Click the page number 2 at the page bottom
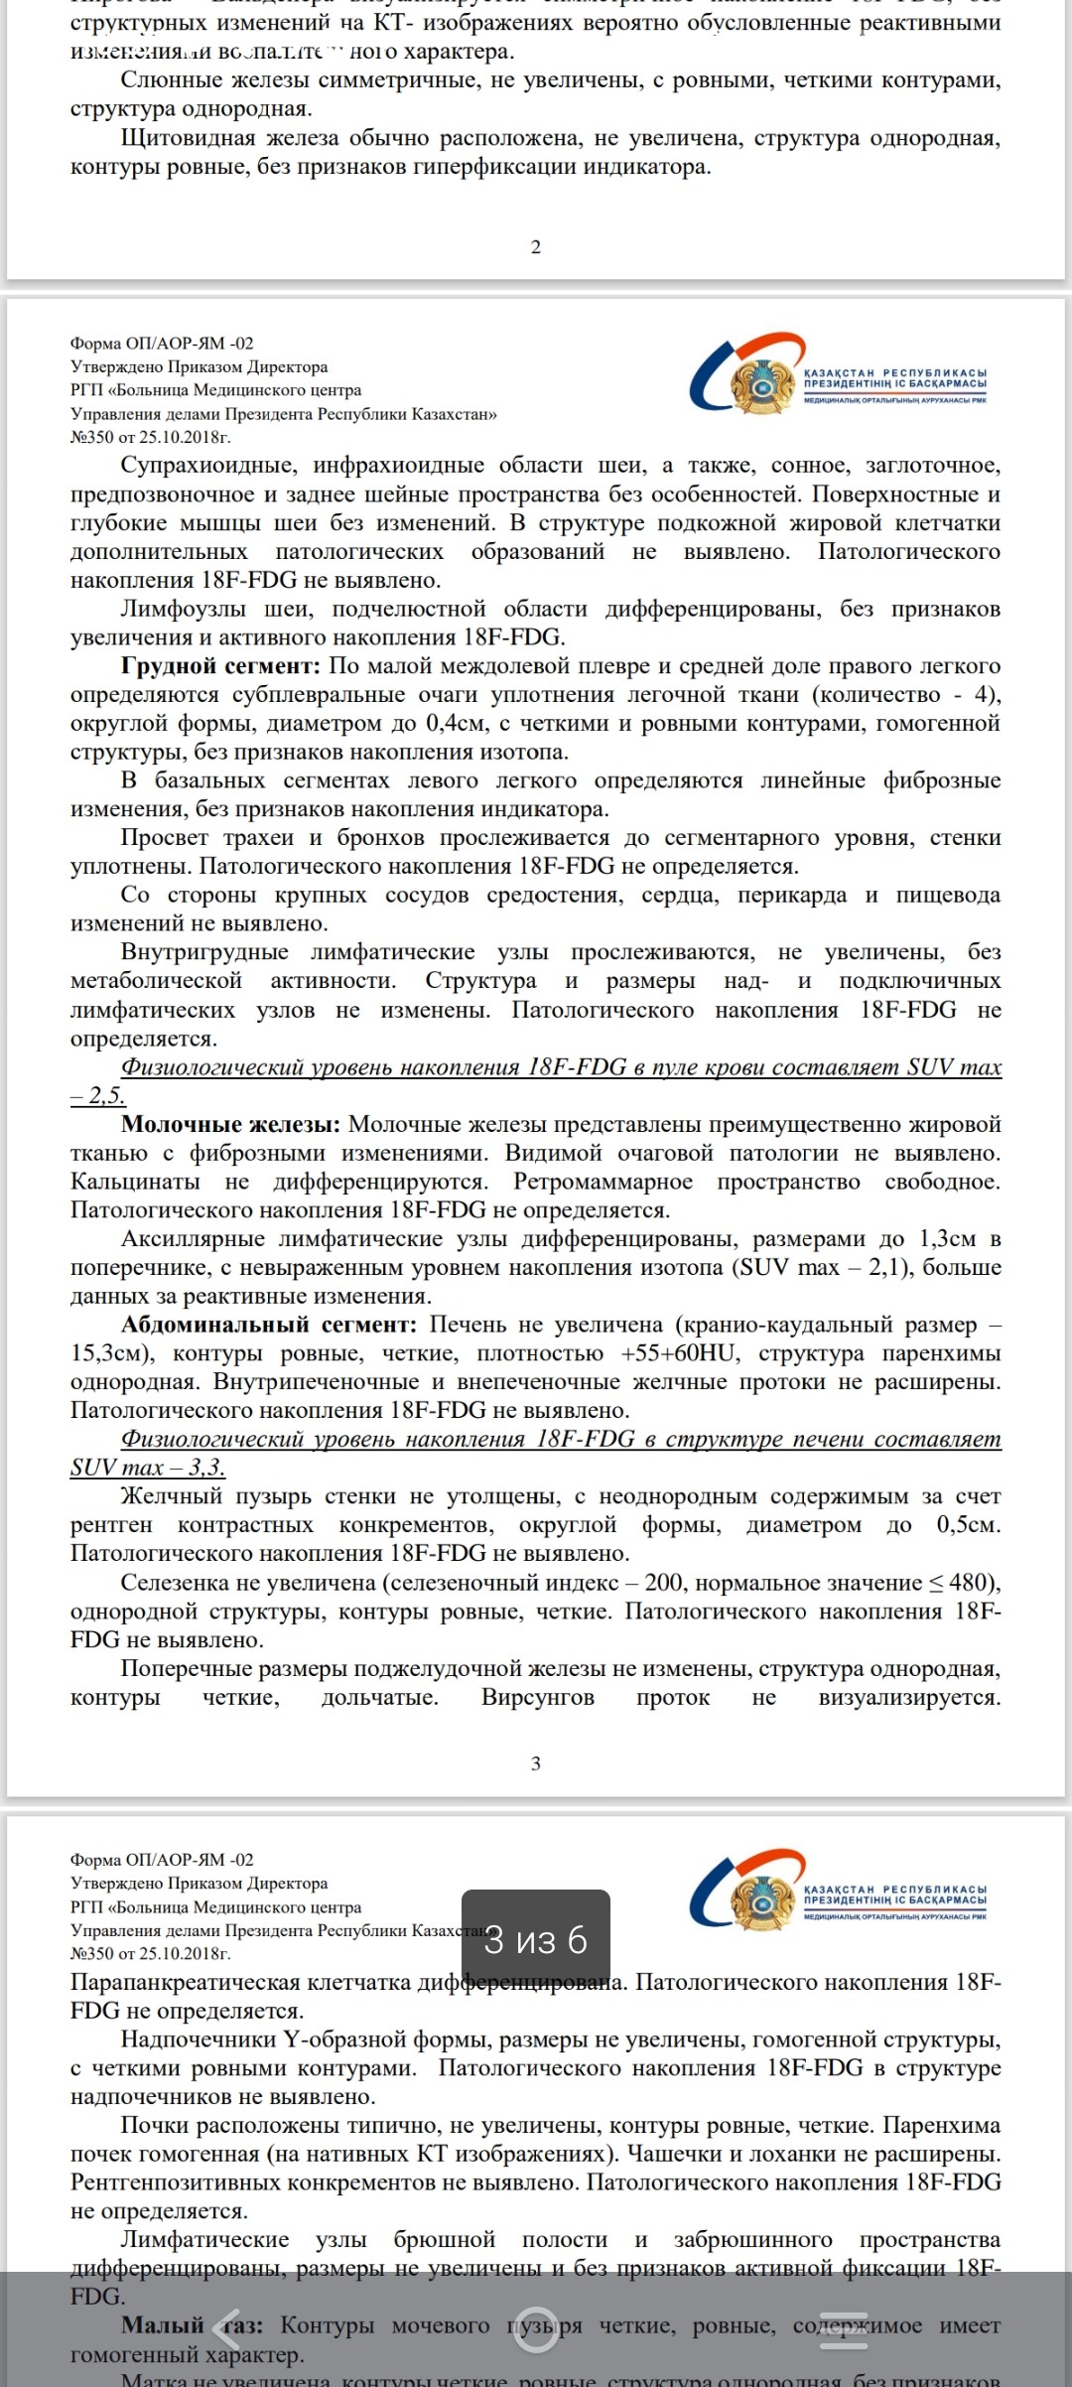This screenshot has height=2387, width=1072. (x=536, y=247)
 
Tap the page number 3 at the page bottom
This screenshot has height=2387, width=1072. (x=536, y=1763)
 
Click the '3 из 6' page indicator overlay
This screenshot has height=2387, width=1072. (x=535, y=1939)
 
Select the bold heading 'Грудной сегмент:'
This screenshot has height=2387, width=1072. (x=220, y=665)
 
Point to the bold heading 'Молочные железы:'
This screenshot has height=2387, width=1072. (x=230, y=1124)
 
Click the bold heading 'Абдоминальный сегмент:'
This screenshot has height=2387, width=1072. (x=269, y=1325)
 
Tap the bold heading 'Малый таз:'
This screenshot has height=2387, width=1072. (x=192, y=2325)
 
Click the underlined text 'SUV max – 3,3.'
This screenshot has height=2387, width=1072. (x=148, y=1468)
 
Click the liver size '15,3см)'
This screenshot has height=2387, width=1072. (x=110, y=1353)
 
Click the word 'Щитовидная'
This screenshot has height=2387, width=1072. (x=189, y=138)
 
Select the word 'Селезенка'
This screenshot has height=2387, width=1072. (x=175, y=1583)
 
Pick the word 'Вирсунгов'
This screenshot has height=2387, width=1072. (x=537, y=1697)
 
